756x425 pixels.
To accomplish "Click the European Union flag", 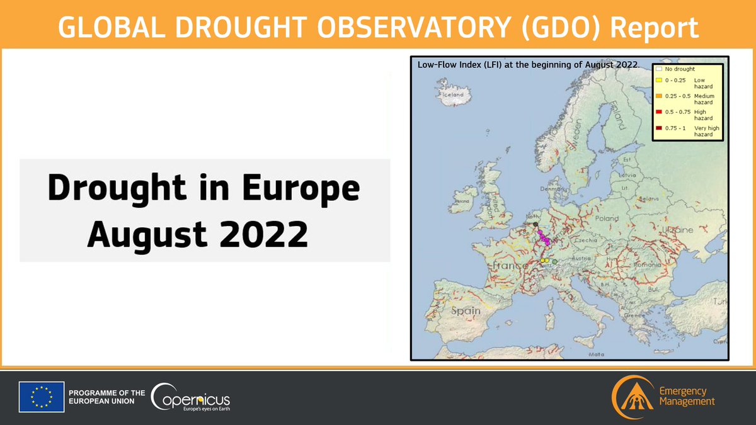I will [x=42, y=397].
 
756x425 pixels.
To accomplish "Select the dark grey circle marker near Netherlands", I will [x=535, y=224].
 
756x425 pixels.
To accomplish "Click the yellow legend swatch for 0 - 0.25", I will [x=658, y=81].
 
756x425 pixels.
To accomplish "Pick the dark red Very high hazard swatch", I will [x=658, y=128].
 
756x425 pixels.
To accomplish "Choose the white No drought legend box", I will [x=658, y=68].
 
